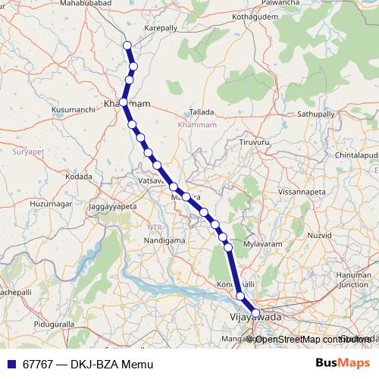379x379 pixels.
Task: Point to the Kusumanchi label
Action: pyautogui.click(x=73, y=110)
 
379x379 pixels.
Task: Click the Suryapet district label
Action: pyautogui.click(x=30, y=152)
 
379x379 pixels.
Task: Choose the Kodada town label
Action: pyautogui.click(x=78, y=177)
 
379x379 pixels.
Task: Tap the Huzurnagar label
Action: pyautogui.click(x=50, y=205)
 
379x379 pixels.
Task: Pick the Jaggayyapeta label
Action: pyautogui.click(x=112, y=206)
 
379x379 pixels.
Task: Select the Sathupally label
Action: pyautogui.click(x=315, y=114)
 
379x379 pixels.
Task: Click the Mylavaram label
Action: pyautogui.click(x=262, y=244)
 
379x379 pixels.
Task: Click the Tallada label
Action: pyautogui.click(x=202, y=111)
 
